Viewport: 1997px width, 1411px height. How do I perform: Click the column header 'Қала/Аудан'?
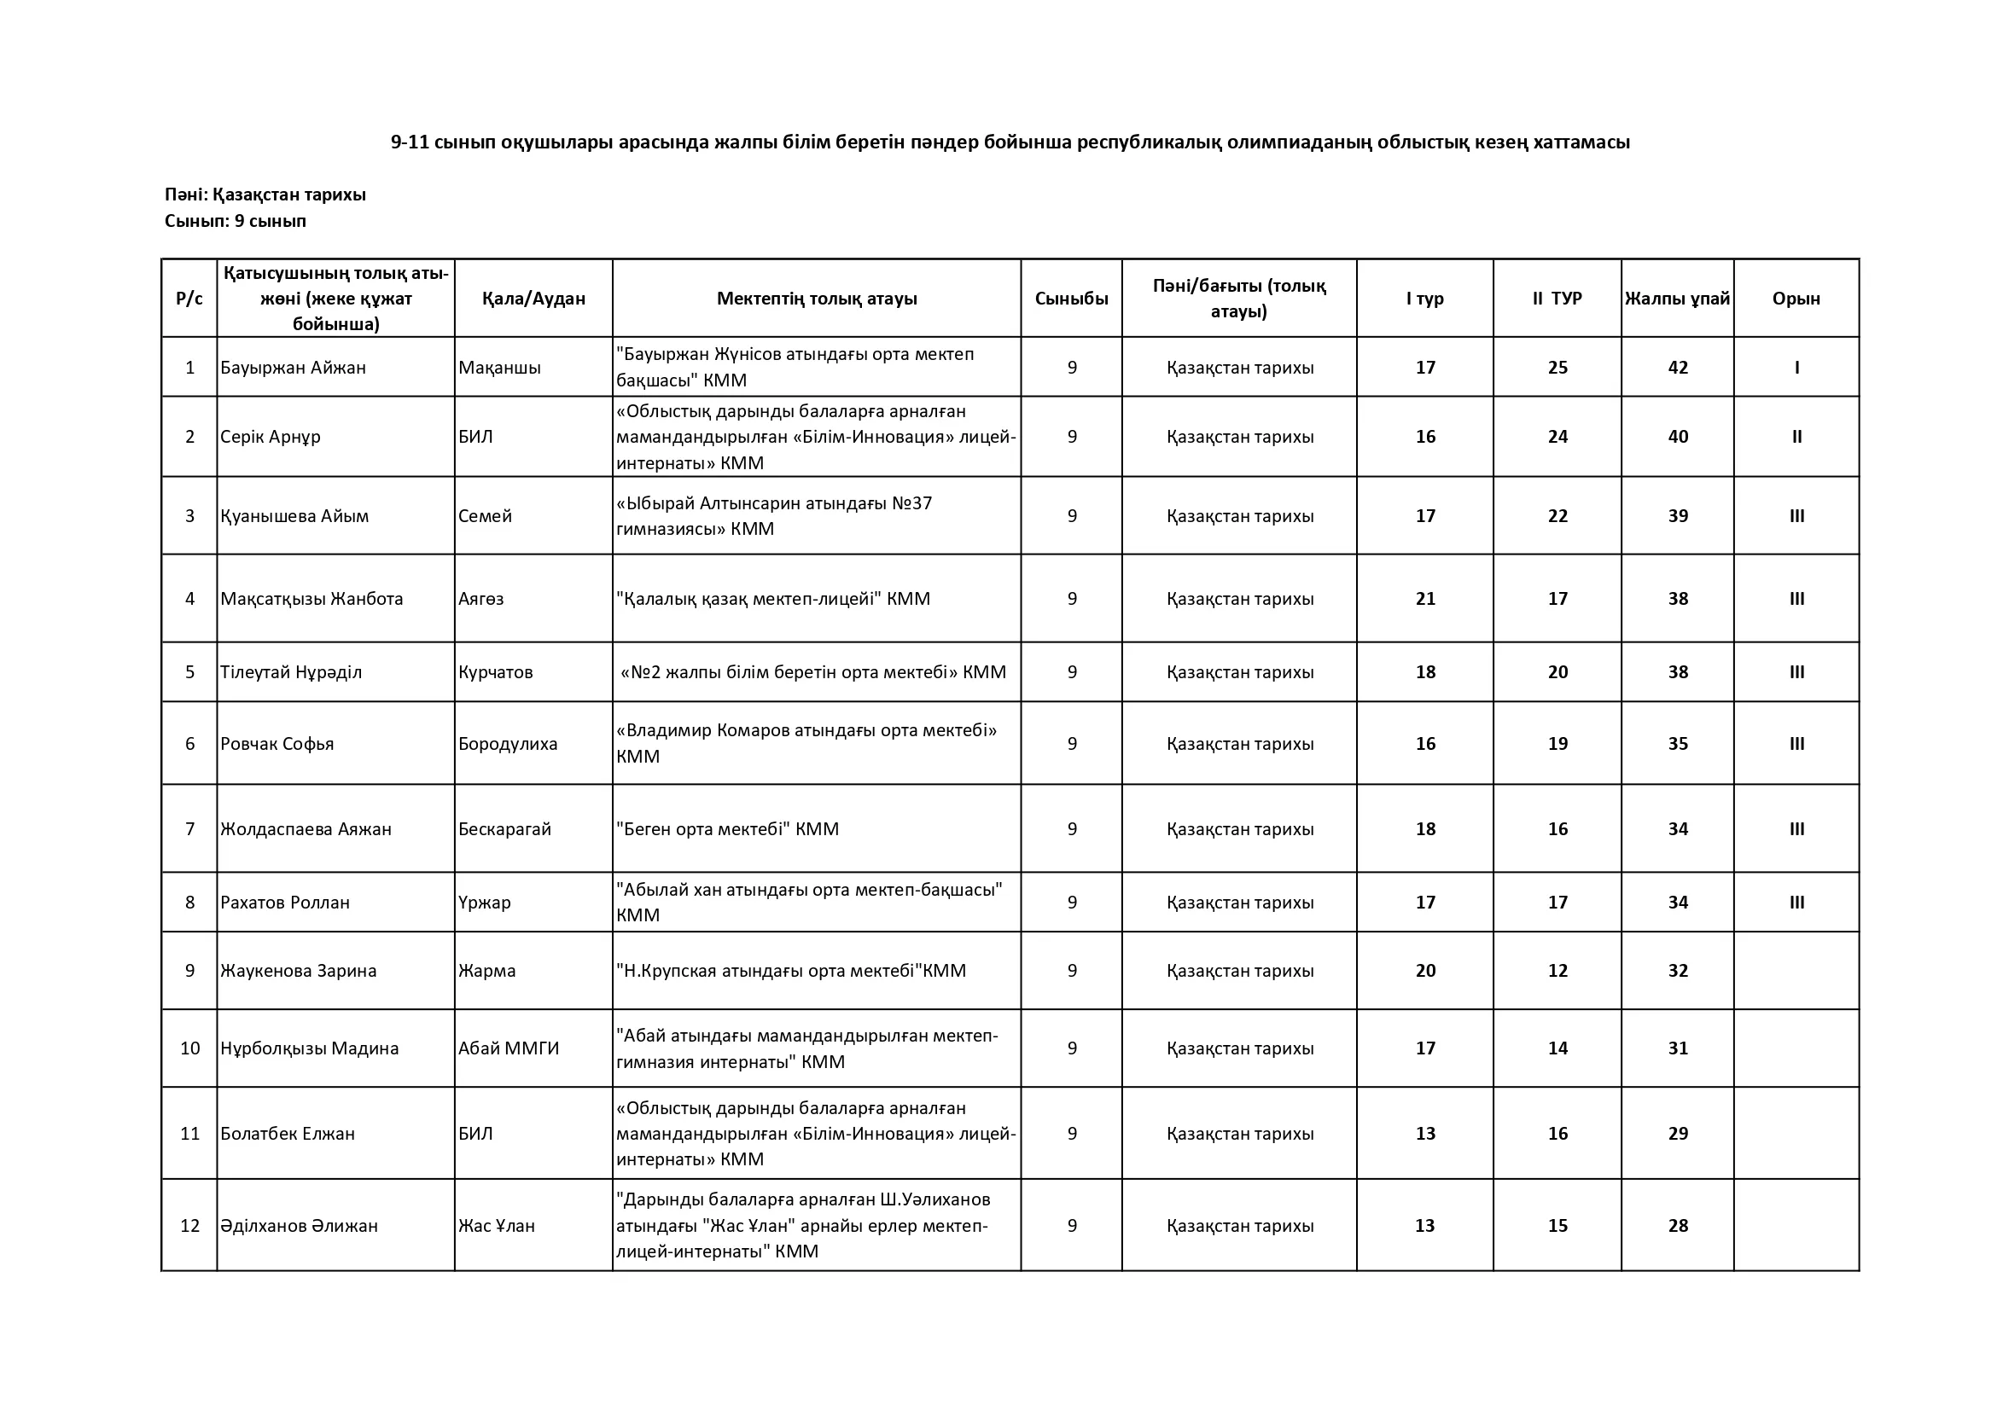(533, 299)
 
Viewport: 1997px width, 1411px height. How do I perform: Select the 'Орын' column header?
(1796, 299)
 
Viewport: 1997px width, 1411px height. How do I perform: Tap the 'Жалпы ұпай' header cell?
(1677, 299)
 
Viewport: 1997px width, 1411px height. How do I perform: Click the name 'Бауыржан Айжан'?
(293, 368)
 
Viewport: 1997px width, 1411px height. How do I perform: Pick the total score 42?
(1678, 368)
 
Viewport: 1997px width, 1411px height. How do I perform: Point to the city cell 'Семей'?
(486, 516)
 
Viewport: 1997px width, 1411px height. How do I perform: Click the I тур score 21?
(1424, 599)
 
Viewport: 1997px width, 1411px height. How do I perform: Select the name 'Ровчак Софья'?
(277, 744)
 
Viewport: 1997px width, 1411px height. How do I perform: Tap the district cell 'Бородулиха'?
(508, 744)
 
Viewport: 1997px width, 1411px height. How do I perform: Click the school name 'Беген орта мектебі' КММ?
(727, 829)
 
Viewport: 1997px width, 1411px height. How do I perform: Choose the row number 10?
(189, 1048)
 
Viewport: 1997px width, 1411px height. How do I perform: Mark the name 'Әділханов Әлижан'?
(300, 1226)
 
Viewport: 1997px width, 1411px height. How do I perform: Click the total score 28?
(1678, 1226)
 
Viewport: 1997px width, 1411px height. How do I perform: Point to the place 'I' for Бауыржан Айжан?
(1797, 368)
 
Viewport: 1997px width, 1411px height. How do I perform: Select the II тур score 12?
(1557, 971)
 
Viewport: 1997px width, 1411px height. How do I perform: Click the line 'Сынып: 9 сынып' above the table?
(236, 221)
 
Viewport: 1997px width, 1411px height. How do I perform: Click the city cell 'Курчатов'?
(496, 672)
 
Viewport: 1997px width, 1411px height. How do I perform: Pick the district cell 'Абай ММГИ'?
(509, 1048)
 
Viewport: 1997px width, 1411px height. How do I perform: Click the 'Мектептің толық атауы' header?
(817, 299)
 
